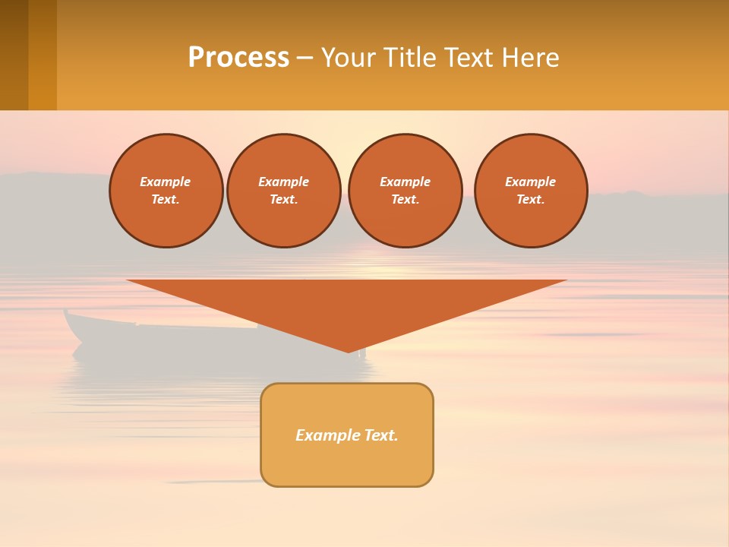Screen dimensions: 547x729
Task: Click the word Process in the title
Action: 238,57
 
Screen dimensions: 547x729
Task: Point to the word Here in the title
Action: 533,57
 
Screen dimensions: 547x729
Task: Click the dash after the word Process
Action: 305,58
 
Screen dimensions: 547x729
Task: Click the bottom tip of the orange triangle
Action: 349,351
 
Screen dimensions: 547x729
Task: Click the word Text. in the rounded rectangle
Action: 380,435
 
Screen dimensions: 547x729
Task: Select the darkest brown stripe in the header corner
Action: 14,55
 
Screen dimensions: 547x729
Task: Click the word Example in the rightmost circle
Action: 530,182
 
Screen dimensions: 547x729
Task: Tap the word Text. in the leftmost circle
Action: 166,200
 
